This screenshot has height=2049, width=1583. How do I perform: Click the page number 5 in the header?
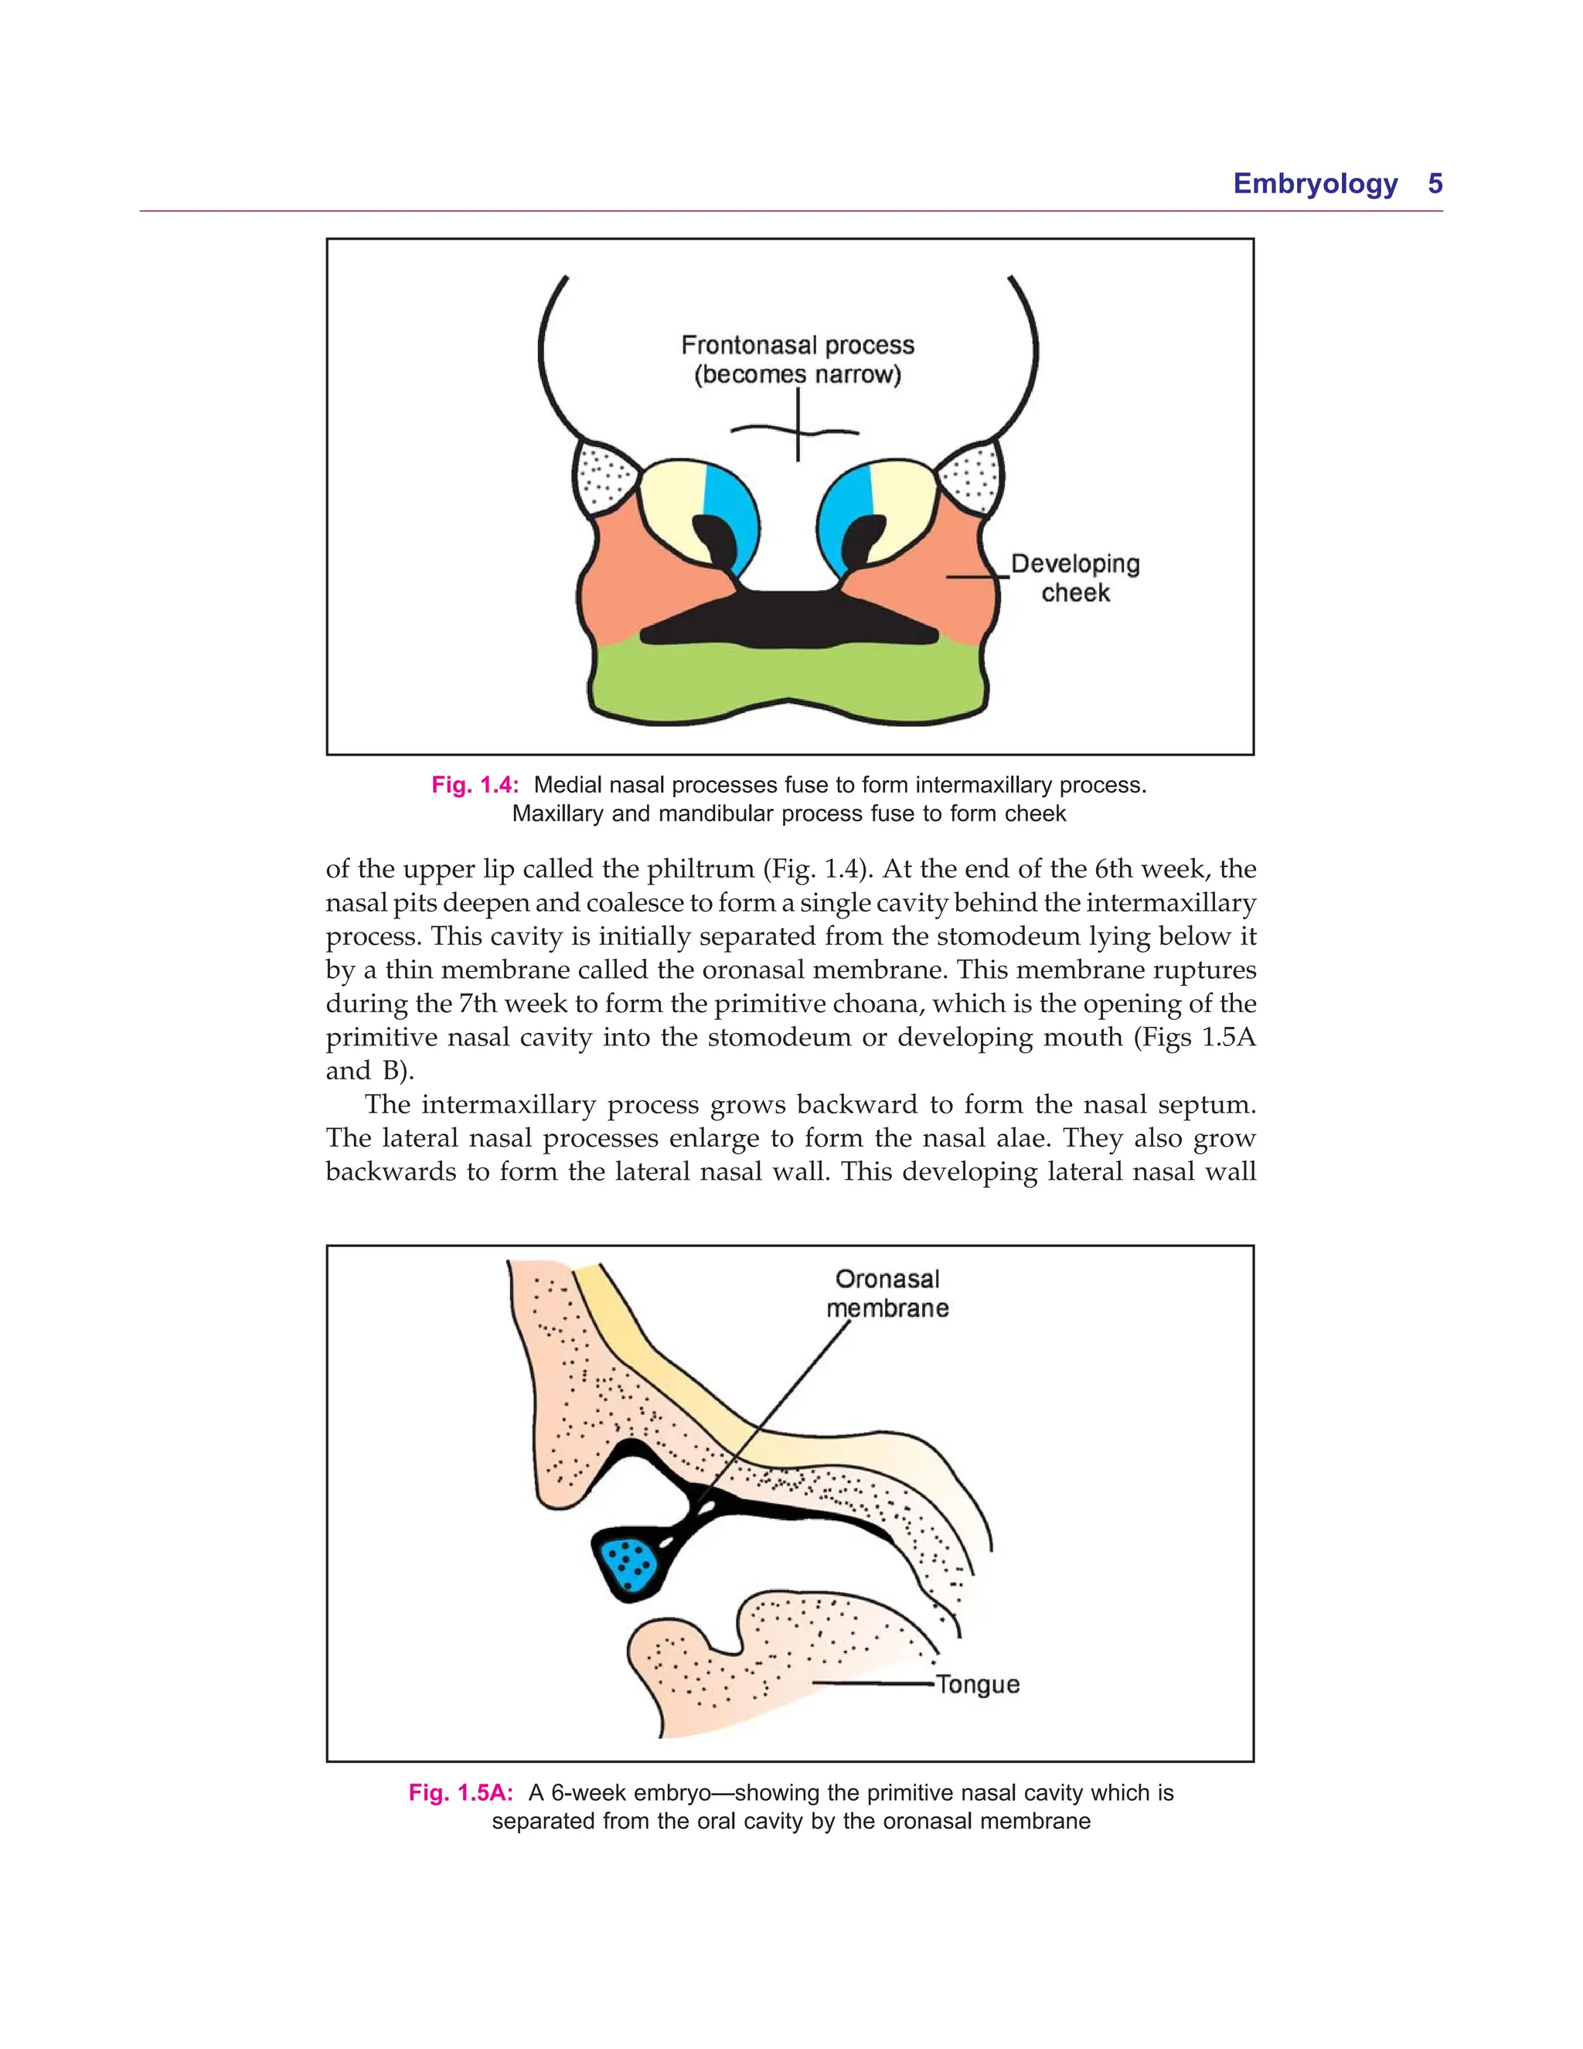tap(1434, 184)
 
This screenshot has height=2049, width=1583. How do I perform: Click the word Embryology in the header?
tap(1315, 184)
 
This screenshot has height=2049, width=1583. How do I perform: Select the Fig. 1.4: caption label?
tap(475, 786)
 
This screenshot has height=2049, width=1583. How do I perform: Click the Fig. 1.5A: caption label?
tap(461, 1793)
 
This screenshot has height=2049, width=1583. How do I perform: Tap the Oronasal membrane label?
tap(887, 1294)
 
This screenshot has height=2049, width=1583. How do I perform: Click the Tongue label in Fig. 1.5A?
tap(977, 1684)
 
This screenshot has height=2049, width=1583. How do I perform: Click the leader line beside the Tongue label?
tap(872, 1683)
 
